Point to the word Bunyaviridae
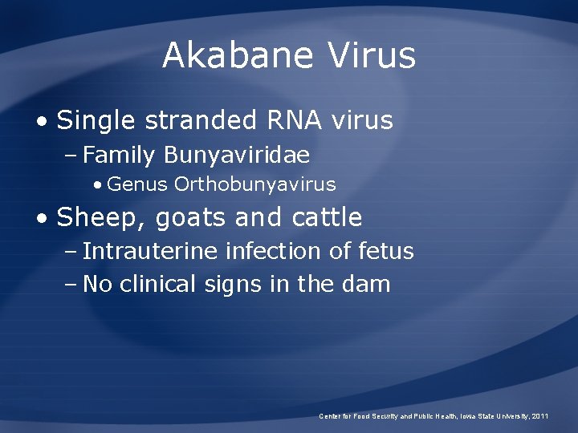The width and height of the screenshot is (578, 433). click(x=238, y=154)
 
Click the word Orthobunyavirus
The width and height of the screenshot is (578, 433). click(x=255, y=184)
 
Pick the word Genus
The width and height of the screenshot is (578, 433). click(x=137, y=184)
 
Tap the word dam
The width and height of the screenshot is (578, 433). click(x=368, y=283)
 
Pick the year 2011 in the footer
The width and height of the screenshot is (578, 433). click(x=540, y=416)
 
